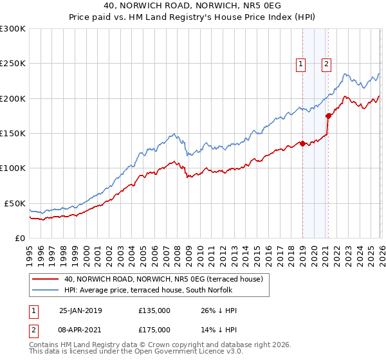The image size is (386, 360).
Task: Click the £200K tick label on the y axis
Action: pos(13,98)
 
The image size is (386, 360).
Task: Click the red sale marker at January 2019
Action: pos(302,144)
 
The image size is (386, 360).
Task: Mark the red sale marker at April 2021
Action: pos(328,116)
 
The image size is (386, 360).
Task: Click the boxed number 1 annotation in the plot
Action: pos(301,64)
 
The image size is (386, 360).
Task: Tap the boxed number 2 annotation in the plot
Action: pos(327,64)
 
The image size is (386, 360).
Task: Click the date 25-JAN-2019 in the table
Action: pos(80,310)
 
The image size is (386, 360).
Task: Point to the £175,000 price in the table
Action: pos(154,329)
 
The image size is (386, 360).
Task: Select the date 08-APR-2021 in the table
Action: pos(80,329)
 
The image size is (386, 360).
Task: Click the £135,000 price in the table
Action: pos(154,310)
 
